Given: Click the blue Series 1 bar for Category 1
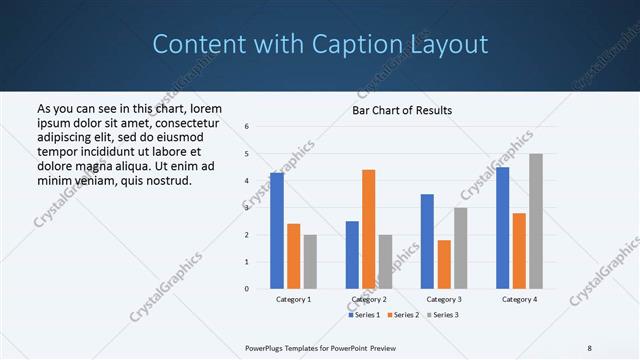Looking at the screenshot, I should click(x=277, y=231).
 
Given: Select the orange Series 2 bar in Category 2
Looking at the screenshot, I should click(x=368, y=229).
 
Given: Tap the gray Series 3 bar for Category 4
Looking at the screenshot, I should click(x=536, y=221).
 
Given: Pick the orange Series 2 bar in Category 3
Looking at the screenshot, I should click(x=444, y=264).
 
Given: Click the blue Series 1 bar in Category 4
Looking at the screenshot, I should click(x=502, y=228).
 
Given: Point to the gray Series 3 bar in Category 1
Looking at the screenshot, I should click(x=310, y=262).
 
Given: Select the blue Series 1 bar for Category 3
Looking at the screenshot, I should click(x=427, y=241).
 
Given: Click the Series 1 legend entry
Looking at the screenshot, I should click(x=365, y=315).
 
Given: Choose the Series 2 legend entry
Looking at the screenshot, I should click(x=402, y=315).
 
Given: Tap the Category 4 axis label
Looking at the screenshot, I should click(x=519, y=299).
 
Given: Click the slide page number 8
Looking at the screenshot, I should click(x=590, y=347).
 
